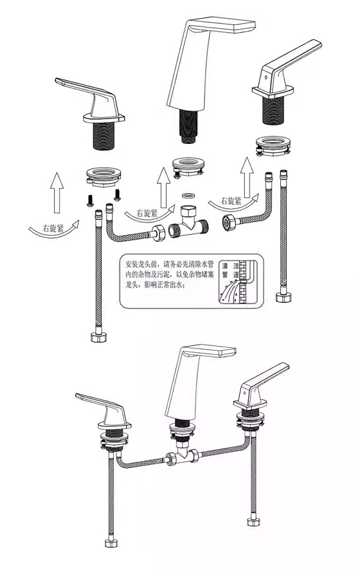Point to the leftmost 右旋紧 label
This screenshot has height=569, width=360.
tap(52, 228)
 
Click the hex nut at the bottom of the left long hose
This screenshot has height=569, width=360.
tap(98, 337)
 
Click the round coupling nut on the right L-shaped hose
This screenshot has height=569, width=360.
tap(227, 224)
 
